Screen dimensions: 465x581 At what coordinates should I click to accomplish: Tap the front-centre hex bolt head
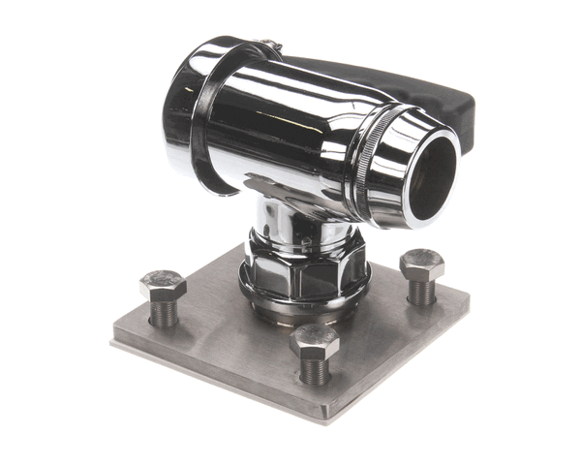pos(315,341)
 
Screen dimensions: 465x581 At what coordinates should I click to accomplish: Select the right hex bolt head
pos(421,263)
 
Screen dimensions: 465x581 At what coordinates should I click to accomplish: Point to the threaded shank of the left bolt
pos(163,312)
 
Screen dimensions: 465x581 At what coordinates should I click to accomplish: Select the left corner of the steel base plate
pos(115,339)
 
